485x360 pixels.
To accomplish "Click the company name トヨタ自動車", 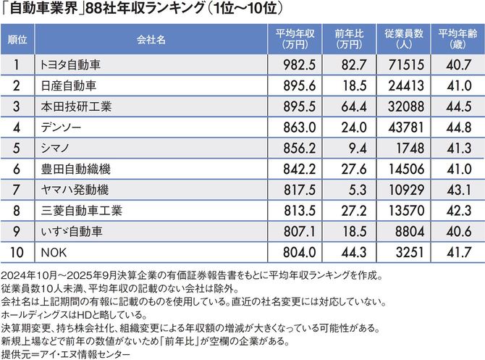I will pyautogui.click(x=70, y=64).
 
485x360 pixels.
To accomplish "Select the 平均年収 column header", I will pyautogui.click(x=293, y=40).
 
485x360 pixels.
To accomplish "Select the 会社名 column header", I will pyautogui.click(x=149, y=40).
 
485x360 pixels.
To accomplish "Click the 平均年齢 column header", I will pyautogui.click(x=454, y=40).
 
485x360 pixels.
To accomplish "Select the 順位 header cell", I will pyautogui.click(x=19, y=40).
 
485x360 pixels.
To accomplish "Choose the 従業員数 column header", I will pyautogui.click(x=400, y=40).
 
